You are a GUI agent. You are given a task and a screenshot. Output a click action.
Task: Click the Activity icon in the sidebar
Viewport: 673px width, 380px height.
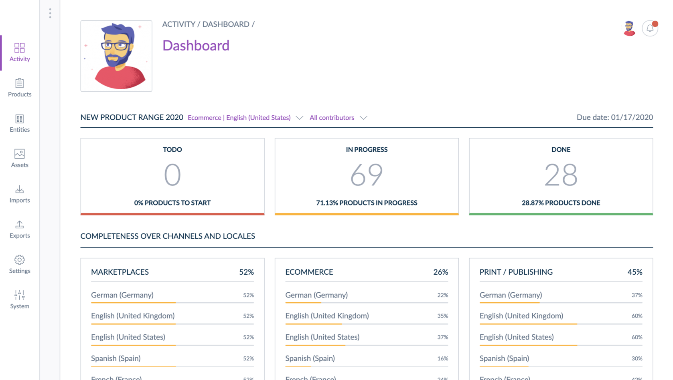[19, 48]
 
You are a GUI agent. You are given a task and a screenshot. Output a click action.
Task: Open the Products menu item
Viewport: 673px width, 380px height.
[19, 88]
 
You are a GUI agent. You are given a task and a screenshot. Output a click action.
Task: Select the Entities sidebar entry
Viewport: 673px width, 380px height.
[19, 123]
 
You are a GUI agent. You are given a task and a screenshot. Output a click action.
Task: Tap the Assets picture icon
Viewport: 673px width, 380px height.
[19, 154]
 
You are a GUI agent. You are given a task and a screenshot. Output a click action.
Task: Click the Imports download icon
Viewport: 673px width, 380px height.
[19, 189]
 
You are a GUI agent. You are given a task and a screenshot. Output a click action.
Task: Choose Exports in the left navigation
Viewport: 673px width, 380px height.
[19, 229]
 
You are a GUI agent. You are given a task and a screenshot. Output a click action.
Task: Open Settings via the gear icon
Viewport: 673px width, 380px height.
[19, 260]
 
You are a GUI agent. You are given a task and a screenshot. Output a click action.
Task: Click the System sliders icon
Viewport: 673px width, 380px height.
[19, 295]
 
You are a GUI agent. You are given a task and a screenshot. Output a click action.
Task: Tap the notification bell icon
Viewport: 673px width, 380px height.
[650, 28]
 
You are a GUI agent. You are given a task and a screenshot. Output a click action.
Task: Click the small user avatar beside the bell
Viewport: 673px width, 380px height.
[629, 28]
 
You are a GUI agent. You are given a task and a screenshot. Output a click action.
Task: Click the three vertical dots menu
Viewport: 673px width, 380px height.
[50, 13]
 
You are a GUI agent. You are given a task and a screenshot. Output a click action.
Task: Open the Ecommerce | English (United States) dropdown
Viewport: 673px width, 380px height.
[245, 118]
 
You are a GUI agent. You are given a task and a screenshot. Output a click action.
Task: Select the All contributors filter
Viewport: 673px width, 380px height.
[338, 118]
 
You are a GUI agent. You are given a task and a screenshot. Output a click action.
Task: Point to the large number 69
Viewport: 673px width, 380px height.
[367, 175]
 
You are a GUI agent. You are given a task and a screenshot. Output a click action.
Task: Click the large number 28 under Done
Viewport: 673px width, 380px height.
[561, 175]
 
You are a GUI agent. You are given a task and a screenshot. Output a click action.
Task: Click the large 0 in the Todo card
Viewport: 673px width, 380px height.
[172, 175]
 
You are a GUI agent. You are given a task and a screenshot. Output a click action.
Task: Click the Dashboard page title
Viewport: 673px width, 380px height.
[196, 46]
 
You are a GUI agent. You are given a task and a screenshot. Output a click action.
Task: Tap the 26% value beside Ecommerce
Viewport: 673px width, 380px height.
[440, 272]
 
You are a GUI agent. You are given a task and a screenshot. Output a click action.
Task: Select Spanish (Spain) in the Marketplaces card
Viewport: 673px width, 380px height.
[116, 358]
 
